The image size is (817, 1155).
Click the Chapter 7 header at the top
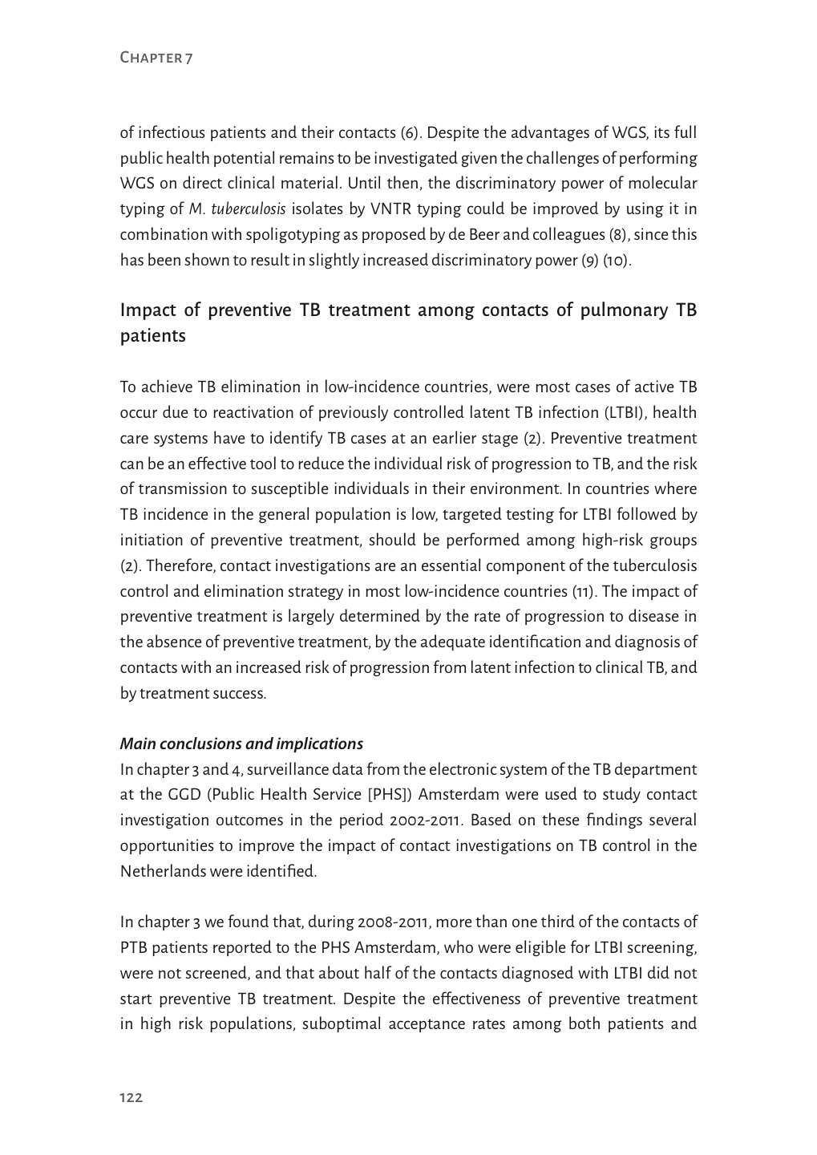[156, 57]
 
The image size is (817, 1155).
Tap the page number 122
[131, 1097]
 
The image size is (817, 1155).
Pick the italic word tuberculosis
[249, 209]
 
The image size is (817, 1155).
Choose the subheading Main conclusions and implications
[241, 744]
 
